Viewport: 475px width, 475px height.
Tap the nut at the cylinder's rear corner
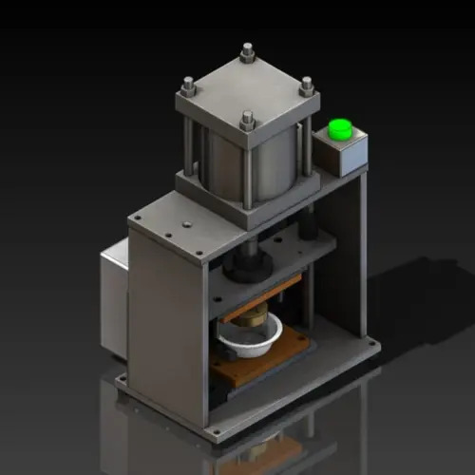pos(248,52)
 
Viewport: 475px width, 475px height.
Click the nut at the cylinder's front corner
pos(248,118)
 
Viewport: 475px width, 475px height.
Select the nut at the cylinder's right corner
pos(306,86)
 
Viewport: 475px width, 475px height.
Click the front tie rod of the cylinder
pos(248,166)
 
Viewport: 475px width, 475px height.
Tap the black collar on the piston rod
pos(243,269)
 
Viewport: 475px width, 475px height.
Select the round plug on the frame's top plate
pos(186,224)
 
